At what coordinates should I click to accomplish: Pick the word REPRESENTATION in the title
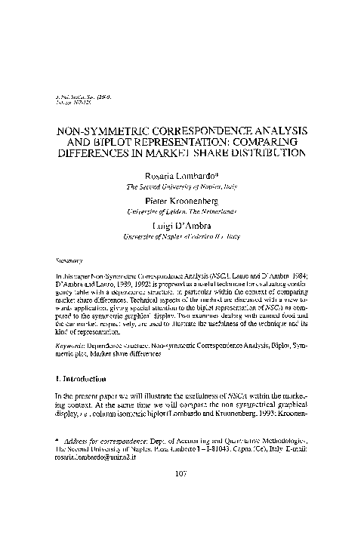(x=182, y=140)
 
